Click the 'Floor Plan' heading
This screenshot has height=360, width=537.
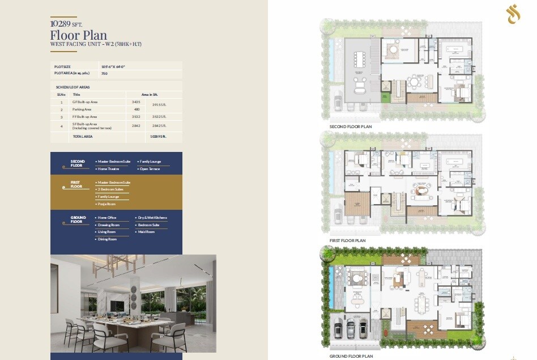79,35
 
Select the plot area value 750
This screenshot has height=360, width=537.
104,74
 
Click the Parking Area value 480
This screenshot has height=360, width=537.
137,109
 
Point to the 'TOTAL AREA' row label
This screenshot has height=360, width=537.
83,137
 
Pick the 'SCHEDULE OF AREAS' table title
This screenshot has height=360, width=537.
73,87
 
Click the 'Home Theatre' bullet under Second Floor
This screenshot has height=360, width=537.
110,168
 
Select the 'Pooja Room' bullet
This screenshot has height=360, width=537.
108,204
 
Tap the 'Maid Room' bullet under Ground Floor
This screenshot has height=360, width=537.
147,232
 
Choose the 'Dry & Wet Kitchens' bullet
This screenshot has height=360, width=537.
153,218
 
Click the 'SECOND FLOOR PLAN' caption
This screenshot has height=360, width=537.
351,126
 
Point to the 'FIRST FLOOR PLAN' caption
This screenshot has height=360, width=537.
347,240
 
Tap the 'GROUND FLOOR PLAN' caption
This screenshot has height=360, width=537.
351,356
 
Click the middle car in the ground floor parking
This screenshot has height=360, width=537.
350,328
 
